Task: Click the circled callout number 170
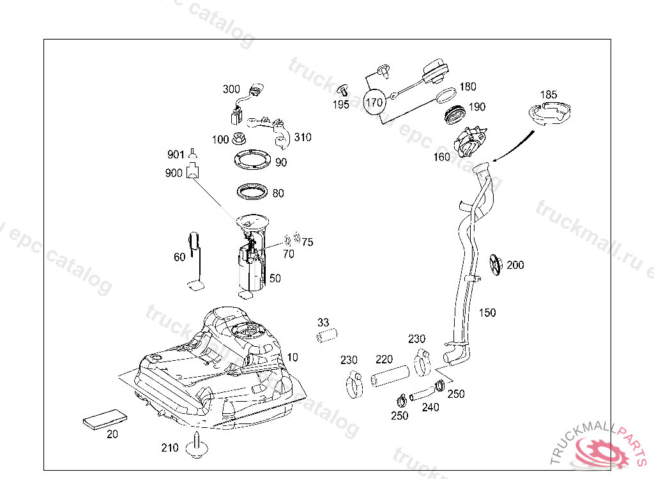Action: click(374, 102)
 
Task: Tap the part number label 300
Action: click(231, 89)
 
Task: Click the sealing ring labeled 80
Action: click(252, 191)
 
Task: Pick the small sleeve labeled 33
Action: click(327, 335)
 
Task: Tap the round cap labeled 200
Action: click(496, 265)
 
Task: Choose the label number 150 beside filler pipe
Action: click(487, 313)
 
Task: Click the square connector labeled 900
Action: click(192, 172)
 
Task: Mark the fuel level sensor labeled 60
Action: click(195, 262)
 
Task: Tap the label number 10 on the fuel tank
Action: click(293, 356)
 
